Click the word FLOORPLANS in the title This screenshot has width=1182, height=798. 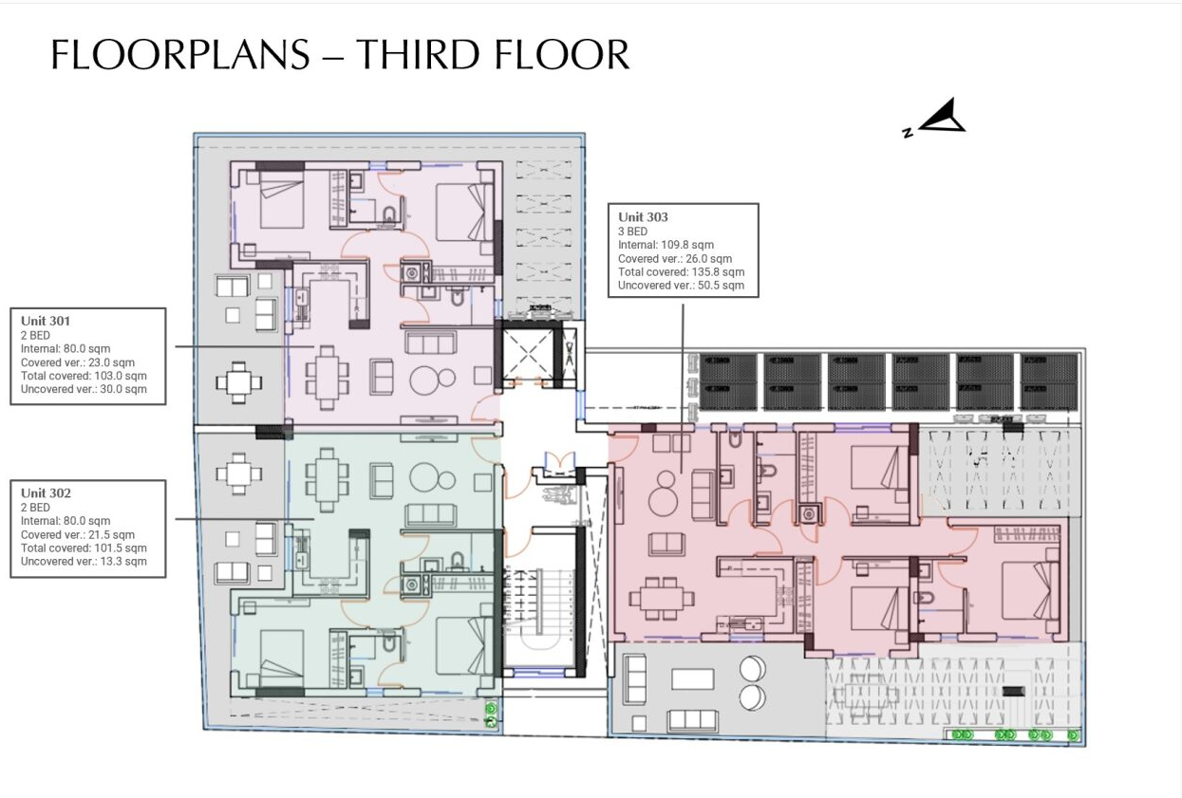pos(180,55)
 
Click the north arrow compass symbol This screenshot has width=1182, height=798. pos(939,119)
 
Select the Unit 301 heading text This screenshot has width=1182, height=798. pos(46,321)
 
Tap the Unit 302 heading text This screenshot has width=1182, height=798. pos(46,492)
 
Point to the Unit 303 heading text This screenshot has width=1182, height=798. pos(643,217)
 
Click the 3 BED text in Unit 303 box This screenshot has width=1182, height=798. pos(632,232)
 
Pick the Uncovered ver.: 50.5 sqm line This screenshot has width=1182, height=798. pos(681,285)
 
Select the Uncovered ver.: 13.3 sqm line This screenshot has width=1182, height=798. pos(84,561)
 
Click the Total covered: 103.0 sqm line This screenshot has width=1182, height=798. pos(84,376)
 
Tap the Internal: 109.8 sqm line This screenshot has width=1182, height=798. pos(666,245)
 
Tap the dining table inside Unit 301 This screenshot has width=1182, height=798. pos(326,370)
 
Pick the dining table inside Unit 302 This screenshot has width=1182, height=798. pos(326,479)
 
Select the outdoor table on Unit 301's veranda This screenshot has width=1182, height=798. pos(238,383)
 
